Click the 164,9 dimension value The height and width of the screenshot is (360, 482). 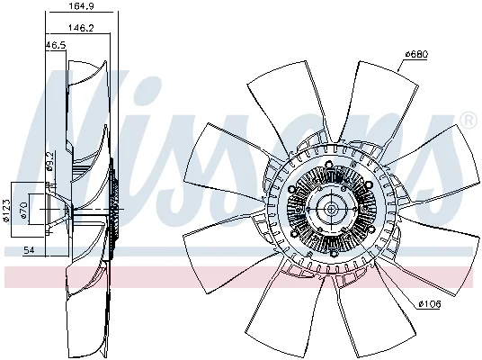coord(81,5)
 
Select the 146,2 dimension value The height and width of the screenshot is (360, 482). coord(81,28)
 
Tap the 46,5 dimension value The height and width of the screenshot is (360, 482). coord(56,46)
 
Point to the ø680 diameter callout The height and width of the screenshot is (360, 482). coord(416,55)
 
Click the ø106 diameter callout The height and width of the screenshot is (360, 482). coord(430,304)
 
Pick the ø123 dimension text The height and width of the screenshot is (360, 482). coord(6,211)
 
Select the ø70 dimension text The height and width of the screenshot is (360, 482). coord(24,210)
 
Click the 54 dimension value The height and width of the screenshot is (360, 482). coord(29,250)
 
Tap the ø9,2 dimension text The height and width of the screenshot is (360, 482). coord(49,161)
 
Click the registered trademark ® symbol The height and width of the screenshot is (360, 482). coord(468,121)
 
